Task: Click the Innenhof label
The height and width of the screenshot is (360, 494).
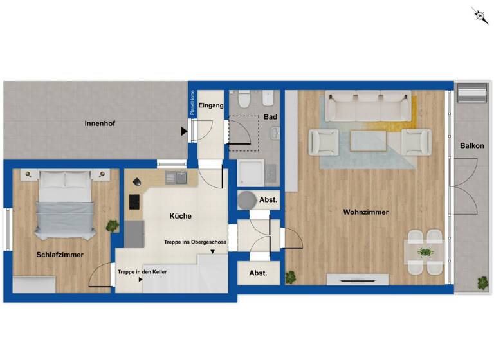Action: coord(100,123)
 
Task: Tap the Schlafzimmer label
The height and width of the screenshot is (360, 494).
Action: coord(60,255)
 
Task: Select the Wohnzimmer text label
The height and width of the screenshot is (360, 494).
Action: coord(366,212)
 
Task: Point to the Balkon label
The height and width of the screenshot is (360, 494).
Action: coord(472,146)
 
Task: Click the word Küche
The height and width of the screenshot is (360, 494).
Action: coord(180,216)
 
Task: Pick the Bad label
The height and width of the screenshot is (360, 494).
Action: coord(270,117)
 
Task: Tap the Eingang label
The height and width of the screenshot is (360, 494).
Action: coord(211,105)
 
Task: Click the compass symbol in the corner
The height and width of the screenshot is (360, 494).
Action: coord(480,15)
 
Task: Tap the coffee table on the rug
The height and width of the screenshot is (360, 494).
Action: coord(368,139)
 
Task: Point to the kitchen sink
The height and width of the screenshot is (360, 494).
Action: coord(175,177)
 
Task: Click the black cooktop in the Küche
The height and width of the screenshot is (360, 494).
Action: coord(135,201)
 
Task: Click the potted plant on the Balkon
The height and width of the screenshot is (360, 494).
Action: coord(482,282)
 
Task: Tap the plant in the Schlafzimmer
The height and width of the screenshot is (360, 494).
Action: coord(113,226)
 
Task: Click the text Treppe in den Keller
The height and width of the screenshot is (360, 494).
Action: coord(142,272)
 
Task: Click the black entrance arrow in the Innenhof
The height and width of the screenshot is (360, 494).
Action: coord(185,131)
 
